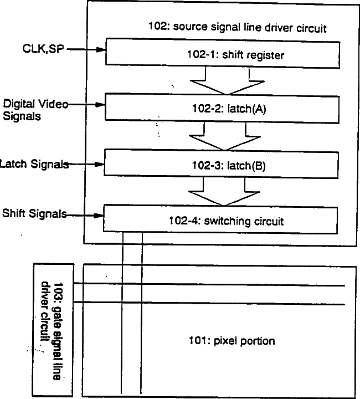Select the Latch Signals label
tap(34, 164)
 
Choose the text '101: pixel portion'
tap(232, 341)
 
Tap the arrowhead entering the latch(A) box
tap(100, 104)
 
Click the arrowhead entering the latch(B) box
tap(100, 164)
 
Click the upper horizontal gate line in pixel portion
tap(210, 285)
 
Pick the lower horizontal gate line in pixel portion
tap(210, 303)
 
